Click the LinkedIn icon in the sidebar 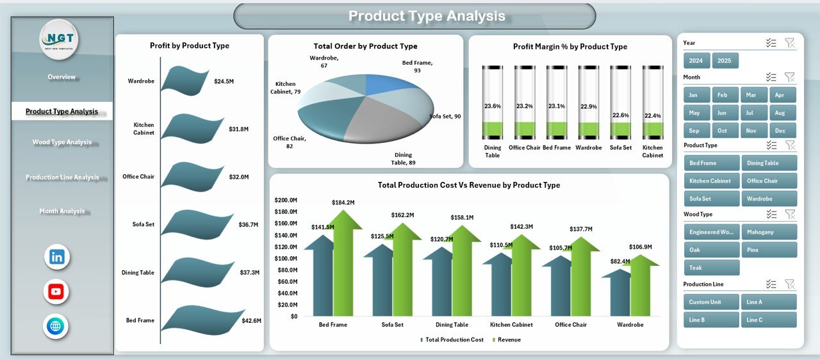(57, 257)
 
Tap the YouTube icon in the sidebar (56, 292)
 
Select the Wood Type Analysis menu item (62, 142)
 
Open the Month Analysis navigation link (62, 211)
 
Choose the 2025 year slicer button (725, 61)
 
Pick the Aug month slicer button (780, 113)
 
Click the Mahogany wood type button (769, 232)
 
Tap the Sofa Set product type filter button (711, 199)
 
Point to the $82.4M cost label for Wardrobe (620, 261)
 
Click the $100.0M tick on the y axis (286, 258)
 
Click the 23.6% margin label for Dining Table (493, 106)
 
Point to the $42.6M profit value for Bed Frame (251, 320)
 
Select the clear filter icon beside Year (789, 43)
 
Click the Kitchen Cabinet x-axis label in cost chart (511, 325)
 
